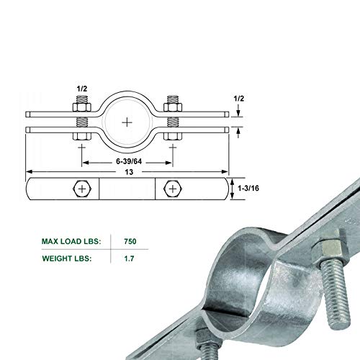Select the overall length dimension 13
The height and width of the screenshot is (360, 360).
(127, 173)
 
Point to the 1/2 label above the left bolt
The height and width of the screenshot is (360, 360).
(81, 89)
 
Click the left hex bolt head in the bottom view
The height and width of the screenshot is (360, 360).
(81, 189)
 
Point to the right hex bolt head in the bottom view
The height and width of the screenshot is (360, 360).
(172, 189)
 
